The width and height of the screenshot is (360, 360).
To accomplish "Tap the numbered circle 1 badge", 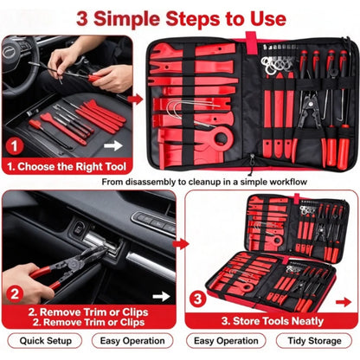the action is pos(15,146).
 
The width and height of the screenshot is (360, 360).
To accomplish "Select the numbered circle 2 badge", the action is pos(15,294).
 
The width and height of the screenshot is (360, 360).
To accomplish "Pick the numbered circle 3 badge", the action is pos(198,299).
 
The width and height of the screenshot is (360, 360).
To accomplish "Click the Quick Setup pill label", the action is pos(45,341).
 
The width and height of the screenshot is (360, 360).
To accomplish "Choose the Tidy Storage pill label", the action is pos(314,341).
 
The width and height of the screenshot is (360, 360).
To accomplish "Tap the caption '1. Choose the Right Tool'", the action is pos(67,167).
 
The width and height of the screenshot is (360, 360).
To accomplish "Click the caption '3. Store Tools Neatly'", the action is pos(273,321).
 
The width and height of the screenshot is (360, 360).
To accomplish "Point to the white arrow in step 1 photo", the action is pos(113,145).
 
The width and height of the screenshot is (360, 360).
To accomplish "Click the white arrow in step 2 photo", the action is pos(161,297).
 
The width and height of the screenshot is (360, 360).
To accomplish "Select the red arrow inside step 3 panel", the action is pos(344,302).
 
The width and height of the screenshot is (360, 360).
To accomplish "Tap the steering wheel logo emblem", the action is pos(10,52).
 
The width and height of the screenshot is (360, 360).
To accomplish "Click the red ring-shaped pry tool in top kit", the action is pos(222,138).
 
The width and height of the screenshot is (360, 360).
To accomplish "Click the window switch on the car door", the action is pos(78,228).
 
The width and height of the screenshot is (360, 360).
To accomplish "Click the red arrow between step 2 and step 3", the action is pos(181,244).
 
